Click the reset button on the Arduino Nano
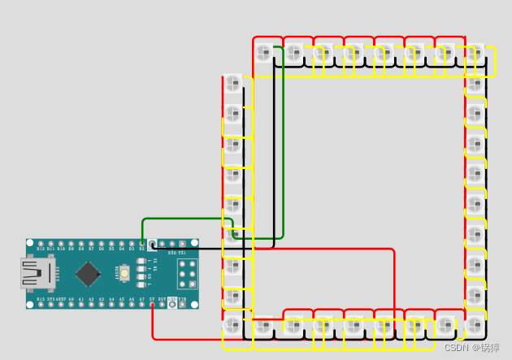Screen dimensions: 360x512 pyautogui.click(x=124, y=274)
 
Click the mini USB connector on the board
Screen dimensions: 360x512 pyautogui.click(x=37, y=273)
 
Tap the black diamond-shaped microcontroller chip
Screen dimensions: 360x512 pyautogui.click(x=87, y=274)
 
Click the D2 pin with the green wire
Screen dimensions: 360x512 pyautogui.click(x=142, y=244)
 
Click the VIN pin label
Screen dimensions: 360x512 pyautogui.click(x=182, y=300)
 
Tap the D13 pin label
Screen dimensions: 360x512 pyautogui.click(x=41, y=300)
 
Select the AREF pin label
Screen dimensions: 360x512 pyautogui.click(x=61, y=300)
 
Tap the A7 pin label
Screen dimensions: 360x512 pyautogui.click(x=141, y=300)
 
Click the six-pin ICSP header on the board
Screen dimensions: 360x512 pyautogui.click(x=188, y=274)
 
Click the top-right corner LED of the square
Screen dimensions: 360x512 pyautogui.click(x=475, y=54)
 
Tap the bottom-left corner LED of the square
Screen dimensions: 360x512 pyautogui.click(x=233, y=326)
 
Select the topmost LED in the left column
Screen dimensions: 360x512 pyautogui.click(x=233, y=83)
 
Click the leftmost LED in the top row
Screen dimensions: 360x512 pyautogui.click(x=263, y=54)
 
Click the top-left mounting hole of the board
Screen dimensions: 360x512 pyautogui.click(x=30, y=243)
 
